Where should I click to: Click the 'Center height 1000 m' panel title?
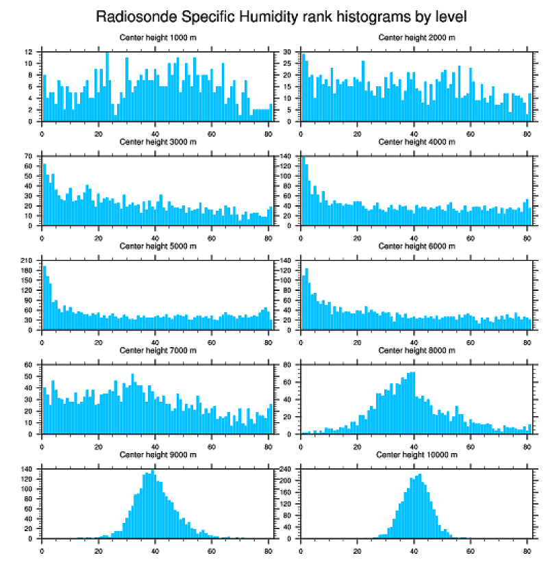tap(158, 37)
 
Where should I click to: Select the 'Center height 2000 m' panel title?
tap(417, 37)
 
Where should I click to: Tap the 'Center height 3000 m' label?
tap(158, 142)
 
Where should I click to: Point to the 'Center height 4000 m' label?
tap(417, 142)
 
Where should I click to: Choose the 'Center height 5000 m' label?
tap(158, 246)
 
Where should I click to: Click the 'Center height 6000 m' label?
tap(417, 246)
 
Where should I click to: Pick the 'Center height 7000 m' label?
tap(158, 350)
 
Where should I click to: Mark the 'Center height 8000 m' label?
tap(417, 350)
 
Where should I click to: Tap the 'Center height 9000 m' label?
tap(158, 454)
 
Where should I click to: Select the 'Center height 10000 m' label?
tap(417, 454)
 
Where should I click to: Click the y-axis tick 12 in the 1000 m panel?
tap(29, 52)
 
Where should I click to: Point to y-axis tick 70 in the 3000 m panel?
tap(29, 156)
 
